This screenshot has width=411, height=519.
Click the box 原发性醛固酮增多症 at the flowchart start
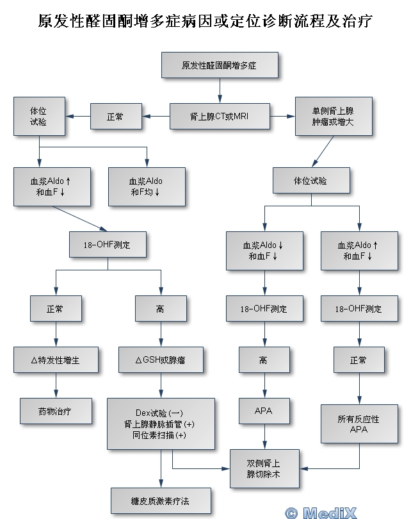tap(220, 65)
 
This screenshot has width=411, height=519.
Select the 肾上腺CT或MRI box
tap(220, 117)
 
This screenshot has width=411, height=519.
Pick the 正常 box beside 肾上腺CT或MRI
tap(115, 117)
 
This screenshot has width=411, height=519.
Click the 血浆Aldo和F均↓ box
tap(147, 186)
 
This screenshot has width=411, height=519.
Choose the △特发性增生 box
tap(56, 360)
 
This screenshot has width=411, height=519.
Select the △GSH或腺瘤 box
tap(160, 360)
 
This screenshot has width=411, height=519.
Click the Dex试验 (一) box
tap(160, 424)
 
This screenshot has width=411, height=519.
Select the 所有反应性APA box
tap(358, 424)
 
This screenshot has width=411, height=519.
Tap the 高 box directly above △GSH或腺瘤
tap(160, 309)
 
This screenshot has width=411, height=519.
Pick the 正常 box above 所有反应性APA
tap(358, 360)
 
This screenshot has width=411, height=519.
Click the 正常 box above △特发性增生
tap(56, 309)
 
